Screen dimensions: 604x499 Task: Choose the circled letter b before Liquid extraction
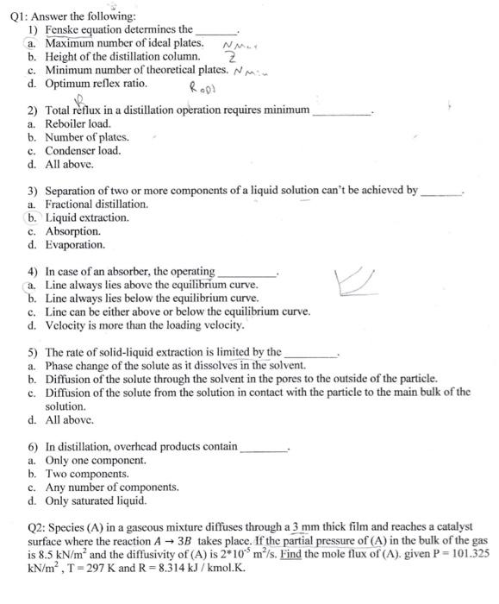tap(32, 218)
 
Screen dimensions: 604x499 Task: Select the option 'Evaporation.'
tap(75, 244)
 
